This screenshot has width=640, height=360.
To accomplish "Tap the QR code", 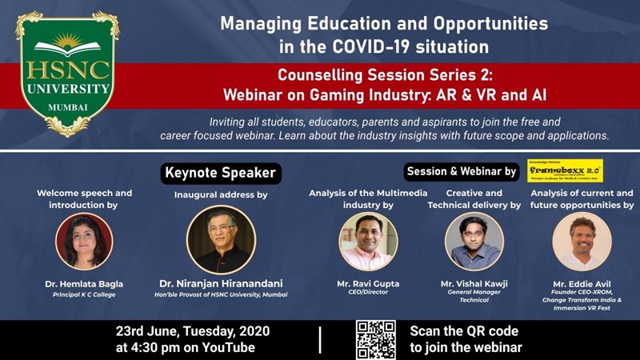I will [375, 338].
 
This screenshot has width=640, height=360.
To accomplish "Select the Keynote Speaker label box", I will [220, 172].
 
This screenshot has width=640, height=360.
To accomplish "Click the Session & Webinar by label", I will [461, 171].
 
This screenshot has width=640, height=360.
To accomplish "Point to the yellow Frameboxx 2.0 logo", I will [570, 170].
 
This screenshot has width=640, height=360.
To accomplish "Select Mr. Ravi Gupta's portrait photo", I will [368, 242].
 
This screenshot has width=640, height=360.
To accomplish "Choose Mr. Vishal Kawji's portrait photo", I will [474, 242].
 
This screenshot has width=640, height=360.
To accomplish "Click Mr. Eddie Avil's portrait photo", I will [582, 242].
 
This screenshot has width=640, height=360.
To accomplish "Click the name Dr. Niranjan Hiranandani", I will [222, 284].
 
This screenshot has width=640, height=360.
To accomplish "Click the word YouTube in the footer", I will [227, 347].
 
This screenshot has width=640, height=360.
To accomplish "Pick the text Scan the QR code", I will [464, 330].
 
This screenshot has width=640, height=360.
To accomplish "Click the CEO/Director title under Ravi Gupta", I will [368, 292].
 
